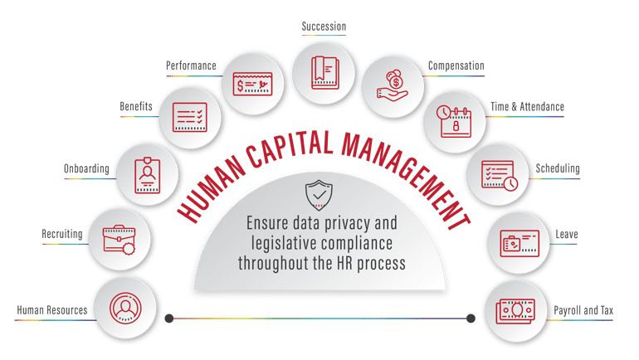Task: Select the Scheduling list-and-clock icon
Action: [499, 173]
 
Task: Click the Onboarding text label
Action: [85, 169]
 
